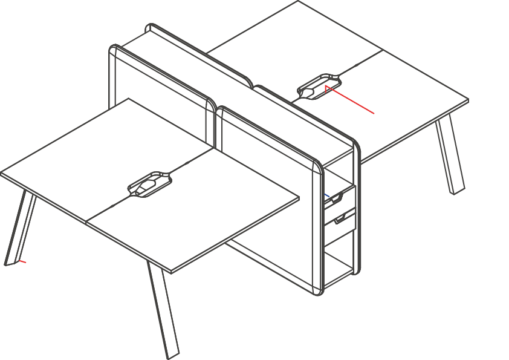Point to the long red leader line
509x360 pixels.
click(351, 101)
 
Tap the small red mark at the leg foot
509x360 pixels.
click(22, 261)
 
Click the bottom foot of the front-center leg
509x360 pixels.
click(172, 353)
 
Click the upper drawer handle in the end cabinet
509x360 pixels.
click(334, 198)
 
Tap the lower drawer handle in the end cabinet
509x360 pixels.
click(345, 218)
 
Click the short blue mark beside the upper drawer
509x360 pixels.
click(326, 195)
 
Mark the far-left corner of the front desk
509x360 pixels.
click(2, 174)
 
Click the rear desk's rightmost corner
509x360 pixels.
click(468, 101)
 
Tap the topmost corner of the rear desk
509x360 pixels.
click(298, 2)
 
